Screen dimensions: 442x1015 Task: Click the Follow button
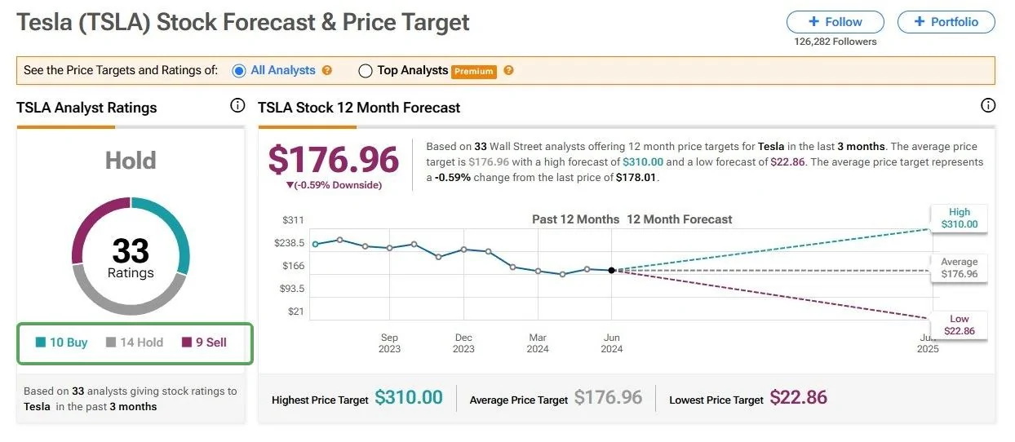835,22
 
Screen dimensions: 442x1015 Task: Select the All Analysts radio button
239,71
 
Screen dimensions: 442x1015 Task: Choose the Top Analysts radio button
366,71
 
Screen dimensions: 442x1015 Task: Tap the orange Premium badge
474,71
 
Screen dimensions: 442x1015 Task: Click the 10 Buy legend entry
61,343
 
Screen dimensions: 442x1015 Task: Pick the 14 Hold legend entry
135,343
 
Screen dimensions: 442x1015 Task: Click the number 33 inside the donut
131,250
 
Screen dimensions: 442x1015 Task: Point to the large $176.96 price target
333,160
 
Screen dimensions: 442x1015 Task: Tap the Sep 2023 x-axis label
389,343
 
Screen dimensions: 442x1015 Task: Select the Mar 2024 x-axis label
538,343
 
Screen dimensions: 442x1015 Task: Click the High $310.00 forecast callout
959,218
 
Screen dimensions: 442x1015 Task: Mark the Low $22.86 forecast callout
959,325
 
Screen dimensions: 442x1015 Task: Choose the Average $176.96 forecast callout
959,268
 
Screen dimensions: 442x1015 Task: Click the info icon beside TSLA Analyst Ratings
237,105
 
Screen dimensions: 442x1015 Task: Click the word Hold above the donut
131,161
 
